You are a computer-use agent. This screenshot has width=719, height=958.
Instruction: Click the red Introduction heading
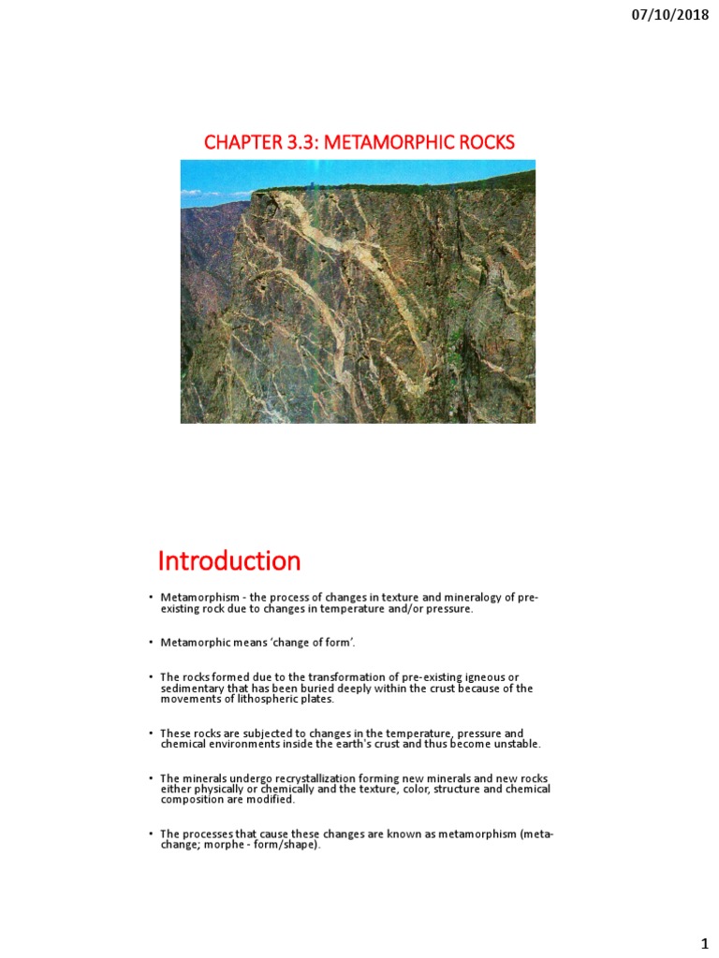click(229, 561)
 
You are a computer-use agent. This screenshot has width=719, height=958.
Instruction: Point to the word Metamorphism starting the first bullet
click(193, 598)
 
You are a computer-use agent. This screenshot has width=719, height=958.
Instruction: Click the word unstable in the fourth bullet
click(516, 744)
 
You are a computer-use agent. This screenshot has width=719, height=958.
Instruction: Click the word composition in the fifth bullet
click(191, 800)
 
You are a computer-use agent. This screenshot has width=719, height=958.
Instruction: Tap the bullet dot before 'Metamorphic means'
click(149, 642)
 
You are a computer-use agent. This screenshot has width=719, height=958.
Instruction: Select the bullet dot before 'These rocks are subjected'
click(149, 733)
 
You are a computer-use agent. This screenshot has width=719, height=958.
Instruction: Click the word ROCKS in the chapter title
click(484, 142)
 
